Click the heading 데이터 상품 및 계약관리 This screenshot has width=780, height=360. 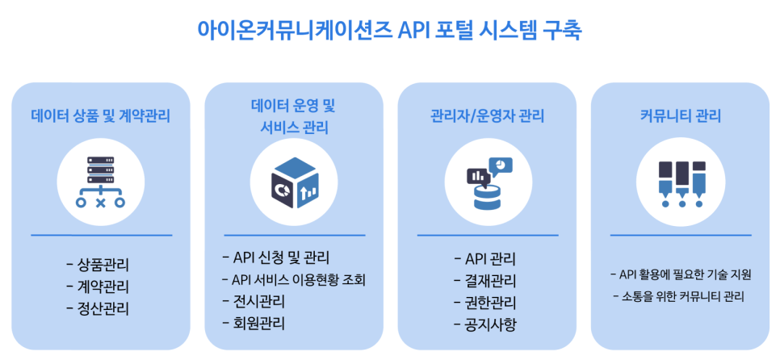click(100, 115)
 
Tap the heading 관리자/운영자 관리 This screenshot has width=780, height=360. click(488, 115)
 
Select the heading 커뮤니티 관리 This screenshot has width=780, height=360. click(680, 115)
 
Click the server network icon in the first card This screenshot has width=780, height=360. click(100, 183)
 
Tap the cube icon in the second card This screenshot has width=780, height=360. click(294, 183)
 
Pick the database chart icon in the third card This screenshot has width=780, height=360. click(488, 183)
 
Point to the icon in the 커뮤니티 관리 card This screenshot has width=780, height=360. click(680, 183)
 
